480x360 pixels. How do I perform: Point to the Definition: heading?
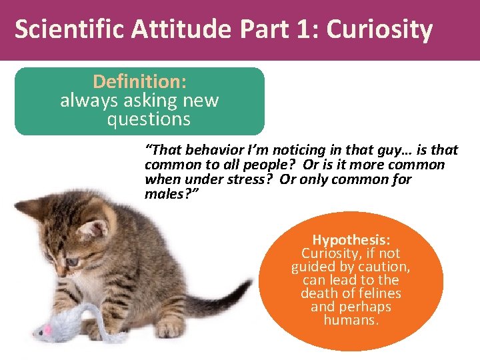[139, 82]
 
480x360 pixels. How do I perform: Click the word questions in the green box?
[148, 119]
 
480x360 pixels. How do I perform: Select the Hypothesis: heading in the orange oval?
[351, 240]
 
